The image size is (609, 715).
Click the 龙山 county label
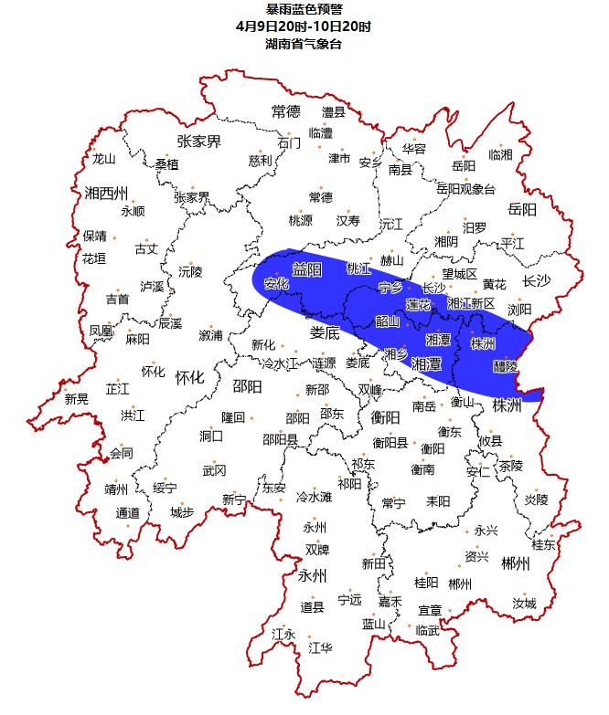104,159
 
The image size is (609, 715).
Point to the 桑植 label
166,164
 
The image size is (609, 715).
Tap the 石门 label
288,142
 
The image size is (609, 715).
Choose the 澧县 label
334,112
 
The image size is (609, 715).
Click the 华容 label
414,148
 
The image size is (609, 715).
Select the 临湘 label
500,153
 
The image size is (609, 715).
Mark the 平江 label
513,243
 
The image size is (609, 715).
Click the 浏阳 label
519,310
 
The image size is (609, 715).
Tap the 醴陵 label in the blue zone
505,366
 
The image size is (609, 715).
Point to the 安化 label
276,284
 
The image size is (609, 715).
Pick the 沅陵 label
190,271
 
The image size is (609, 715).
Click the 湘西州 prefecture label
103,193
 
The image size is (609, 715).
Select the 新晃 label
77,398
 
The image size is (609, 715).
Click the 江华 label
320,647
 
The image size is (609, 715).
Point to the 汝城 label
524,604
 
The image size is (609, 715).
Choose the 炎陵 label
536,499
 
